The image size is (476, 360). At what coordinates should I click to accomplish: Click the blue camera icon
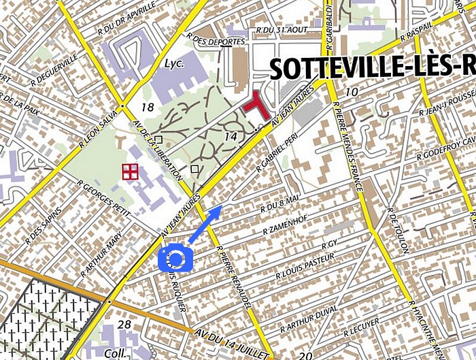pos(175,259)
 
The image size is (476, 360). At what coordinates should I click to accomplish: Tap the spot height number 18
pos(148,107)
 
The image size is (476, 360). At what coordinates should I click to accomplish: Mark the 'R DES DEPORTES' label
pos(216,41)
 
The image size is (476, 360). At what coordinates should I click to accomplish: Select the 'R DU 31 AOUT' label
pos(282,29)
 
